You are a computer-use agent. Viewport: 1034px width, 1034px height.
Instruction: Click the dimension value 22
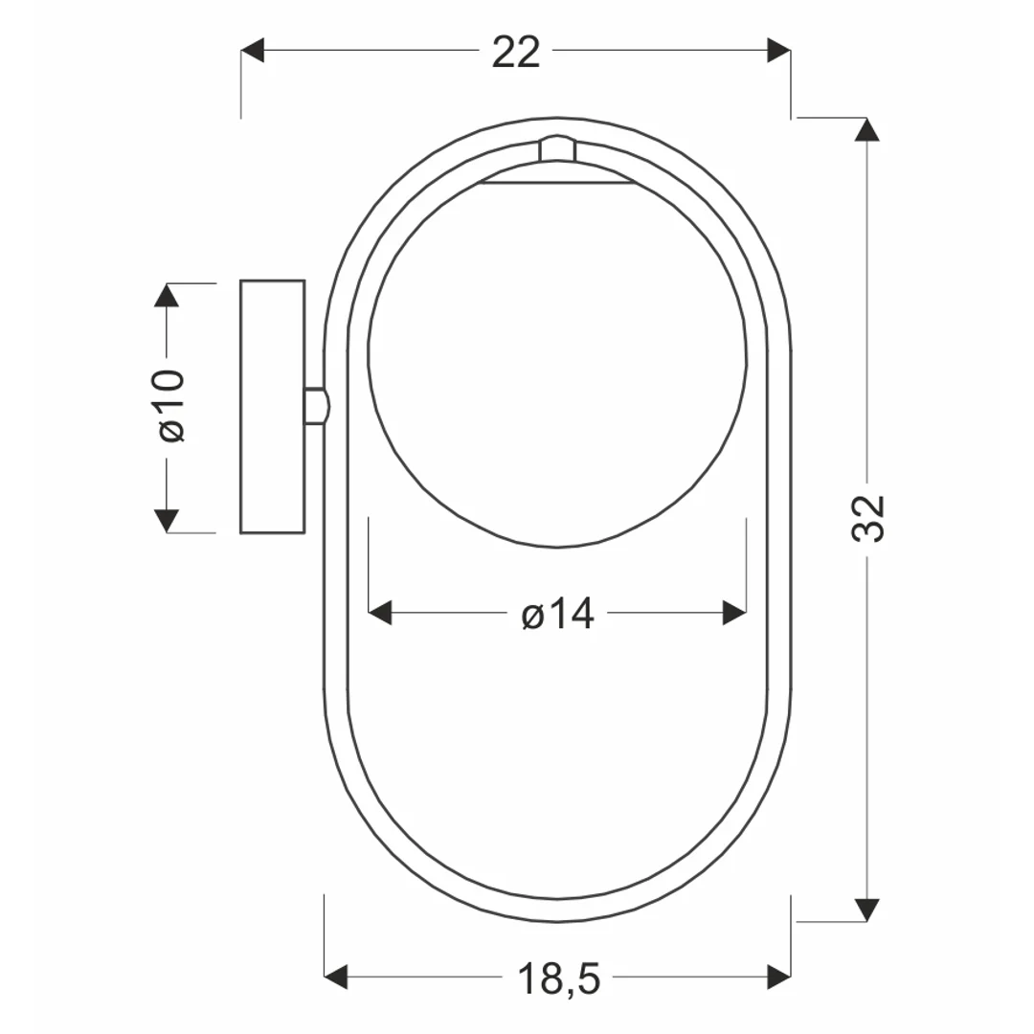point(516,52)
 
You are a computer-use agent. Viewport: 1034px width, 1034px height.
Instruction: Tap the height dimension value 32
point(867,518)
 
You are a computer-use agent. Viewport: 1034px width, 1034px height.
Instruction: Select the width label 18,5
point(559,978)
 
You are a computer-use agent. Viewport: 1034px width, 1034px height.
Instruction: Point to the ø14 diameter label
point(558,614)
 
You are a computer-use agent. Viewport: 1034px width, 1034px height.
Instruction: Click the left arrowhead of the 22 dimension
point(252,50)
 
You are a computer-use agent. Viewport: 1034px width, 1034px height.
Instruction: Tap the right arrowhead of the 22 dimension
point(779,50)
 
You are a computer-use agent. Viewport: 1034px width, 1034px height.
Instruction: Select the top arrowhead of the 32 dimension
point(866,129)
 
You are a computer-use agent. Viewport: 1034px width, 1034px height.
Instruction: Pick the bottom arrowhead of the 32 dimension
point(866,910)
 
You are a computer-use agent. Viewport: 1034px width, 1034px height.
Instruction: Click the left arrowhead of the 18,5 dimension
point(336,977)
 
